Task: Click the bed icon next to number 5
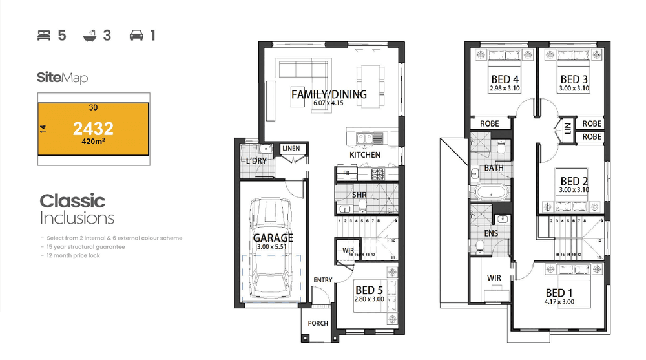[x=44, y=36]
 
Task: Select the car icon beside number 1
[x=136, y=36]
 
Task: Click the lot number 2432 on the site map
[x=93, y=128]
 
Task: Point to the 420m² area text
[x=93, y=140]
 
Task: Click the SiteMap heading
[x=62, y=78]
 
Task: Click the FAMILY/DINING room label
[x=329, y=94]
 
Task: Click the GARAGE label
[x=273, y=238]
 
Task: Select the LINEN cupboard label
[x=291, y=149]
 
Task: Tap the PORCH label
[x=318, y=323]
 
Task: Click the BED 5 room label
[x=369, y=291]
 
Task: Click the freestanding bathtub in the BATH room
[x=493, y=192]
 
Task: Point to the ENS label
[x=491, y=233]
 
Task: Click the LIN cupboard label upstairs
[x=568, y=129]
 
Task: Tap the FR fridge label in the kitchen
[x=346, y=173]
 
